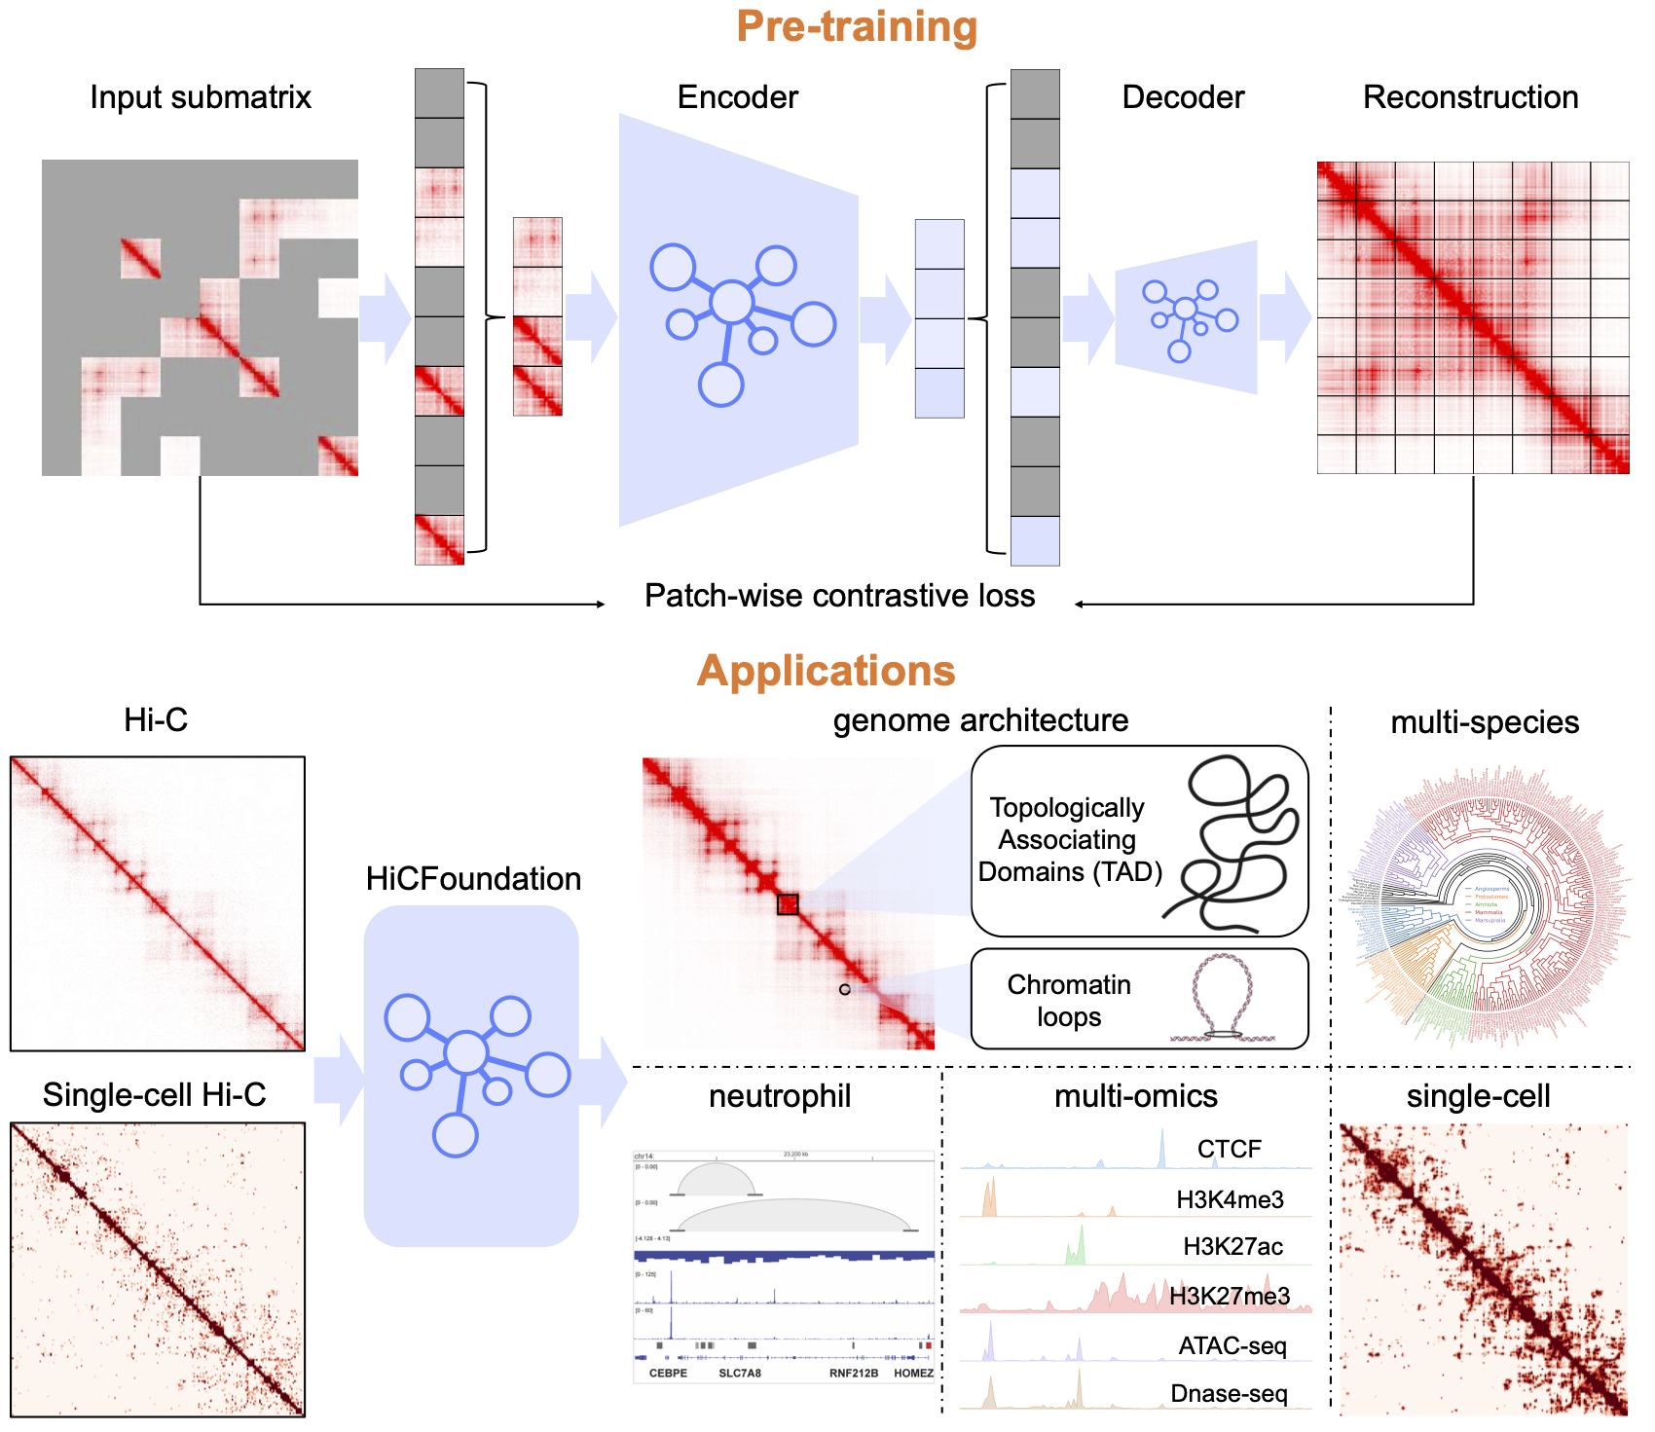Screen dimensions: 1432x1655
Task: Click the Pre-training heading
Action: [857, 27]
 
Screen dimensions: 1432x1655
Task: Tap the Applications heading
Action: [826, 671]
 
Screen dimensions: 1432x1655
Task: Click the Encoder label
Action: [737, 97]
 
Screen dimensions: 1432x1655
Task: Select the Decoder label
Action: [1183, 97]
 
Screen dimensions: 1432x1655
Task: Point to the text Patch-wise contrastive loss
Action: [839, 596]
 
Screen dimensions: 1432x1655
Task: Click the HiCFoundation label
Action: [473, 879]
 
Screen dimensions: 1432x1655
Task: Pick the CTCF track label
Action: [1229, 1150]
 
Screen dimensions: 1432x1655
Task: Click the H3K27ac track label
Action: [1232, 1247]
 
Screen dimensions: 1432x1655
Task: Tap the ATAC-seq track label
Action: [1232, 1346]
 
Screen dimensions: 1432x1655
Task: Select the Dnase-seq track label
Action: [1229, 1394]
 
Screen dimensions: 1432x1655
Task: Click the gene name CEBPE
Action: [668, 1374]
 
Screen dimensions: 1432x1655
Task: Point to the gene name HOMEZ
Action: [913, 1374]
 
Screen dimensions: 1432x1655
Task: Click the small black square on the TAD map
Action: [788, 904]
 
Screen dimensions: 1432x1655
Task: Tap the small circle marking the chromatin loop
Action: [845, 989]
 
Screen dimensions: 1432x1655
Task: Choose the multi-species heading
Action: [1485, 722]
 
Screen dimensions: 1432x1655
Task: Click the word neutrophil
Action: [780, 1096]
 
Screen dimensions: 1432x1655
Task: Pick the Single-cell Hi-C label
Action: [154, 1095]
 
